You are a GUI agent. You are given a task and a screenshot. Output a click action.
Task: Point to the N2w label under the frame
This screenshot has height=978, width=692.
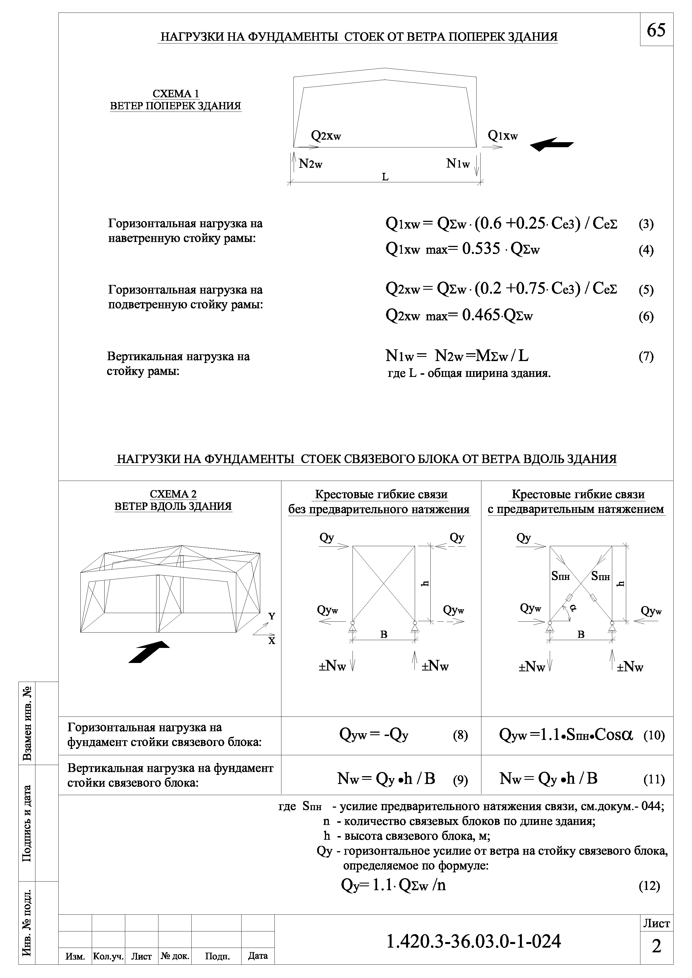tap(310, 164)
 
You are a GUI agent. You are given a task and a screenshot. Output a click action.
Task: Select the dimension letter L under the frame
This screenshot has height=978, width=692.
tap(385, 177)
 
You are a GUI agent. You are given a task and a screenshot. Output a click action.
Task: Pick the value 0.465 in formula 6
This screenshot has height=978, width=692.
tap(481, 315)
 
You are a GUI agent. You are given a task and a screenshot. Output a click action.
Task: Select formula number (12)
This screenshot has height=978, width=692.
tap(649, 886)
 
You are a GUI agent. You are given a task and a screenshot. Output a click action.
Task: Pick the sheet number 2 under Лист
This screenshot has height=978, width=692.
tap(656, 946)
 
